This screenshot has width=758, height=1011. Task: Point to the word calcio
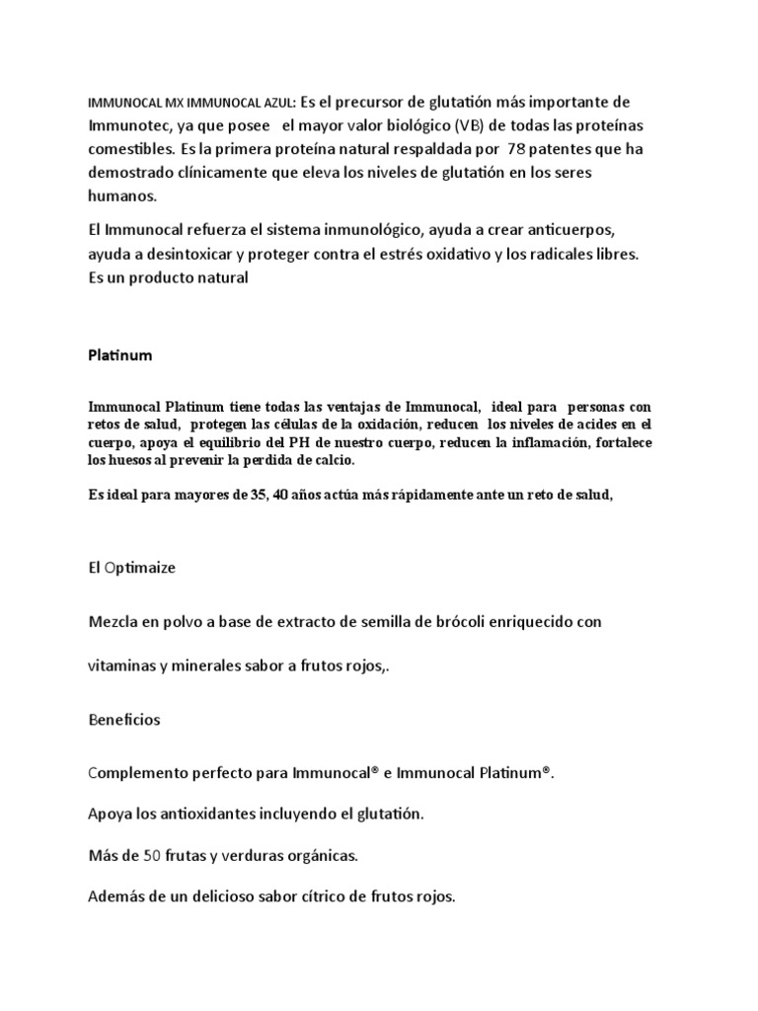pyautogui.click(x=331, y=461)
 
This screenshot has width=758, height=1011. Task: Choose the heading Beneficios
pyautogui.click(x=124, y=720)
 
